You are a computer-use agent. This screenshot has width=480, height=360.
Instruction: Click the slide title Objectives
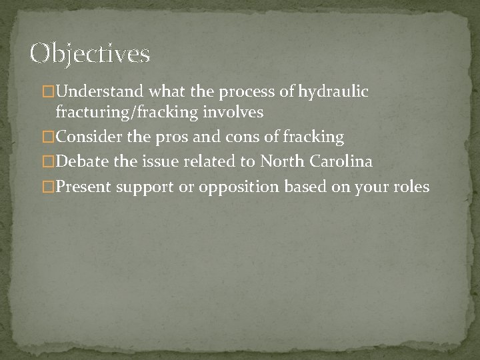90,53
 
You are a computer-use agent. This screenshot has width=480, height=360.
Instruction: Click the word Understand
100,91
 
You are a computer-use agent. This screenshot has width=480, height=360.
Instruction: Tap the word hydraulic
333,91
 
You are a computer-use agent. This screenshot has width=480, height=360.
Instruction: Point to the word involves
237,113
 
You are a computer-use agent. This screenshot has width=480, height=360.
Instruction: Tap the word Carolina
341,162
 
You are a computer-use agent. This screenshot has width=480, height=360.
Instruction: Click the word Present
84,187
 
